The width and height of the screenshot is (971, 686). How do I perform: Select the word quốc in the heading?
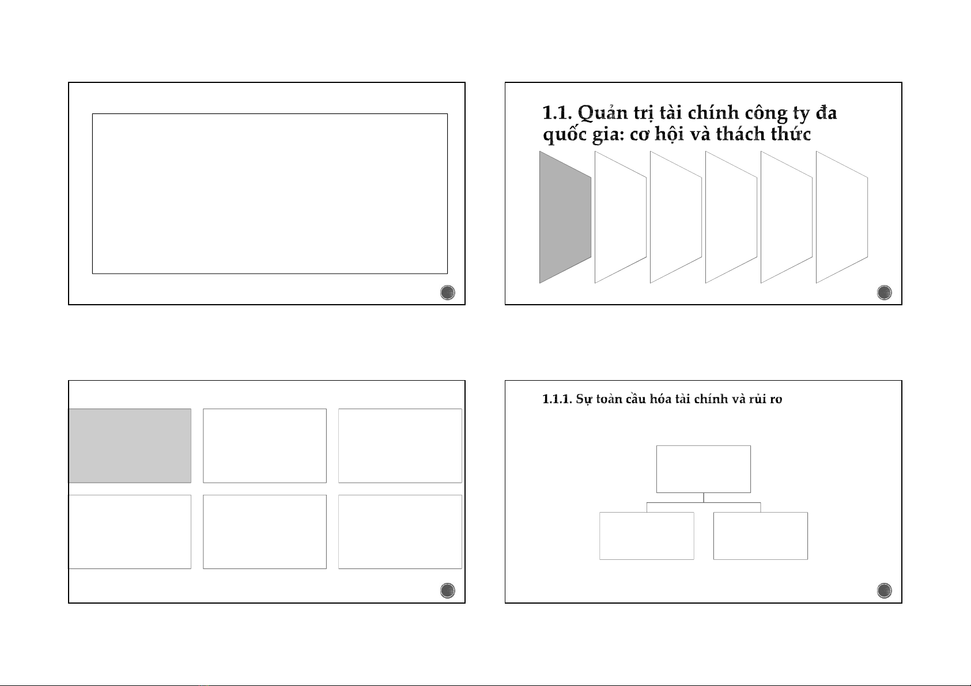point(565,134)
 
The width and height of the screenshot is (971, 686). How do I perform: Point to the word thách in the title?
point(740,134)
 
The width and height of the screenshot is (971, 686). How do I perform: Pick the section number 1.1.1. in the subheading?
point(557,399)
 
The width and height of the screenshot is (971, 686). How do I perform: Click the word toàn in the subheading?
point(609,399)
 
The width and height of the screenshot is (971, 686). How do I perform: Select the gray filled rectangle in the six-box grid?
point(130,445)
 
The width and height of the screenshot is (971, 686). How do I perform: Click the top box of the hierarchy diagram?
point(704,469)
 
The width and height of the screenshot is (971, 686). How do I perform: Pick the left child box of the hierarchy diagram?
point(647,536)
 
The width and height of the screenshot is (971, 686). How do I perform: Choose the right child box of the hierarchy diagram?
point(760,536)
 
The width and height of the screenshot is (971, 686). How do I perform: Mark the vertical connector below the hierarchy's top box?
point(704,498)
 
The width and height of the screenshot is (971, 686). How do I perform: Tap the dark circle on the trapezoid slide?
point(885,293)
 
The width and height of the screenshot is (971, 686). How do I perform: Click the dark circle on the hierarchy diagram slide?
point(885,590)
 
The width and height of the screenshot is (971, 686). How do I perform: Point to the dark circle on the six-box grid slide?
point(447,590)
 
